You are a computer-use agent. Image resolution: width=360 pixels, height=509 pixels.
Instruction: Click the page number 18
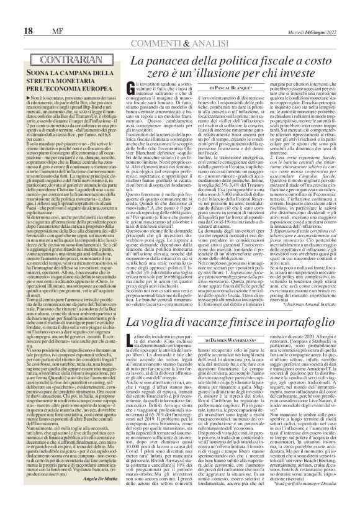coord(11,12)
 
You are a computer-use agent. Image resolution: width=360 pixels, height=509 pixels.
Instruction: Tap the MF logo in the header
coord(34,12)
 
